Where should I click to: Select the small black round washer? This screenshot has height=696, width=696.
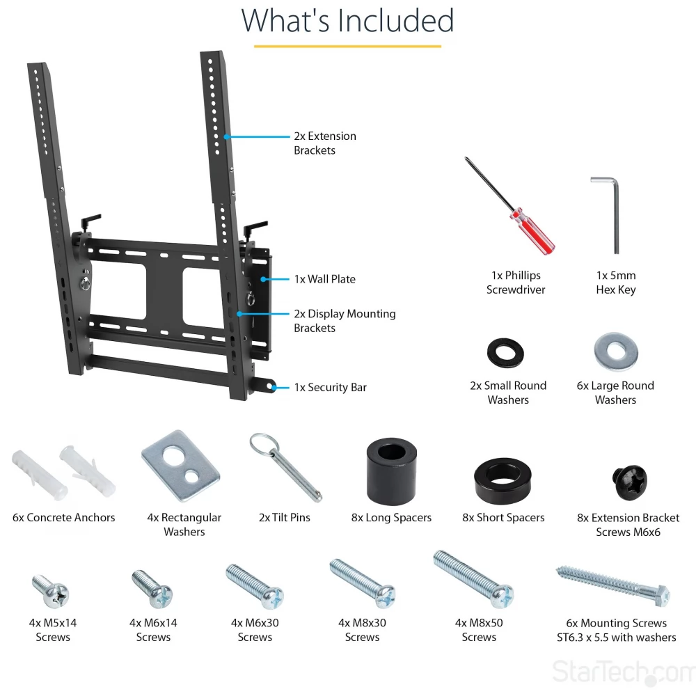(x=505, y=353)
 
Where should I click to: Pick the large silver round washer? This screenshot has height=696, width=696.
(x=616, y=351)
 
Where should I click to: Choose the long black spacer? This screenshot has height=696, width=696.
(x=391, y=471)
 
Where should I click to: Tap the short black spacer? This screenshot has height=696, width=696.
(x=503, y=481)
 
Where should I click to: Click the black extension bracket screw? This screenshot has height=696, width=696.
(x=629, y=482)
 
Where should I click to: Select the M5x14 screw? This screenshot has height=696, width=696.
(x=51, y=591)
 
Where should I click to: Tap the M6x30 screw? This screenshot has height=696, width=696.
(x=255, y=586)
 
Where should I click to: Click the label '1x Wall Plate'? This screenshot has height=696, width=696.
(x=325, y=279)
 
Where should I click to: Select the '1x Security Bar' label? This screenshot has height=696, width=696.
(x=330, y=388)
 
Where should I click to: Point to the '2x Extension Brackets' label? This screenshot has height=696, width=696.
(x=325, y=143)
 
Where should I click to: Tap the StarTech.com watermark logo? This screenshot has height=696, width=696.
(x=623, y=672)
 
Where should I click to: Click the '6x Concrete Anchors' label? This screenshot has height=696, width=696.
(x=63, y=518)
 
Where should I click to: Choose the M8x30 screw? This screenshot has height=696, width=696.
(x=362, y=583)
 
